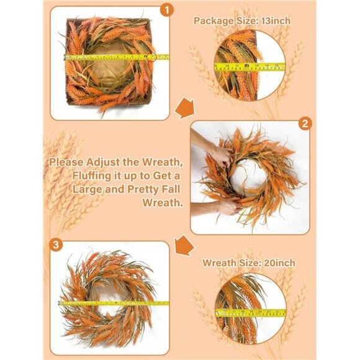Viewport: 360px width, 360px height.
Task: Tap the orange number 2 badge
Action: click(x=304, y=124)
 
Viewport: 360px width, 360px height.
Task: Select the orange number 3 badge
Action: click(x=56, y=244)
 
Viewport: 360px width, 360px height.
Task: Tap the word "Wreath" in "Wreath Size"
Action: click(x=220, y=263)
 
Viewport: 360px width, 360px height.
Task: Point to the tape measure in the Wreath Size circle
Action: click(x=250, y=312)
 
